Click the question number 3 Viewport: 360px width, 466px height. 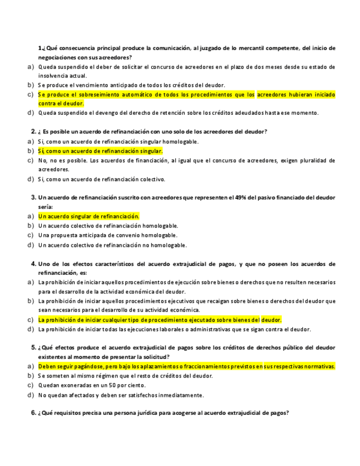pyautogui.click(x=34, y=197)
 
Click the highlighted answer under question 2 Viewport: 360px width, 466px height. pyautogui.click(x=101, y=151)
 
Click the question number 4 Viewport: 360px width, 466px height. pyautogui.click(x=34, y=264)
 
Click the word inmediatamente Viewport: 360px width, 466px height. pyautogui.click(x=178, y=395)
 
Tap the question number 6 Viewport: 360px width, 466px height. pyautogui.click(x=34, y=413)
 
